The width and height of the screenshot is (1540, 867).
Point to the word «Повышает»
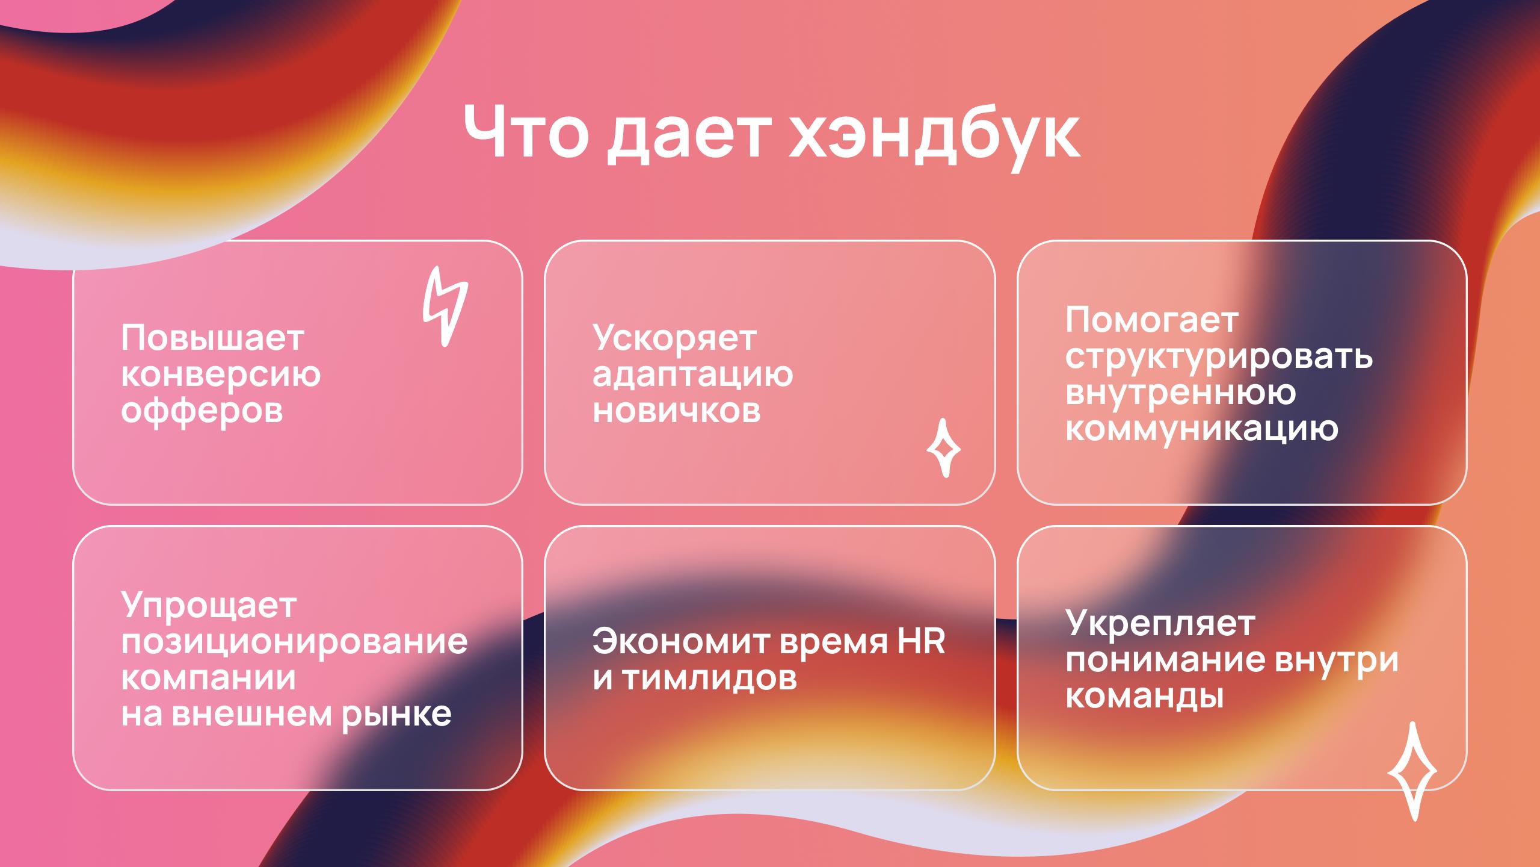click(212, 339)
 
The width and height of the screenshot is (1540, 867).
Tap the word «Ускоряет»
click(674, 339)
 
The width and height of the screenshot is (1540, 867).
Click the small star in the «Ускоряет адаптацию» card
click(943, 449)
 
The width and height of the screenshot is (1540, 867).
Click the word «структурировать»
click(1219, 358)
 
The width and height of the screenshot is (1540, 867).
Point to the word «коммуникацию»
click(1201, 430)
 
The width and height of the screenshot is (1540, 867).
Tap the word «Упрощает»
click(209, 606)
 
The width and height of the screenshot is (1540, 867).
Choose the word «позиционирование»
click(294, 642)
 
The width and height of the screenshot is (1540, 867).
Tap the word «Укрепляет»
click(1160, 624)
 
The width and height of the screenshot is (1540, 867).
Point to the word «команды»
click(1145, 697)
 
